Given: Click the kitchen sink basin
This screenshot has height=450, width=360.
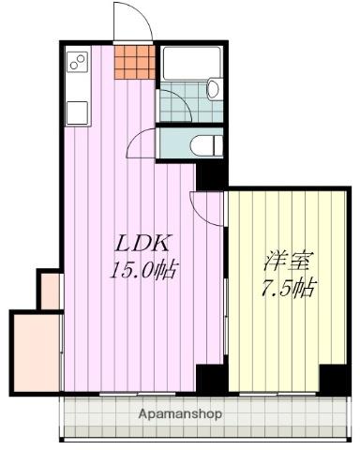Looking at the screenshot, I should tap(76, 112).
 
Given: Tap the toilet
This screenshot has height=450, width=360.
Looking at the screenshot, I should tap(207, 144).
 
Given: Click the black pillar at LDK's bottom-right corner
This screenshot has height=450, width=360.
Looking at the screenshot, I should tap(211, 379).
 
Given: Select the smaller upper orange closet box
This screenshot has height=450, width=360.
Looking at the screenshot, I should tap(49, 289).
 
